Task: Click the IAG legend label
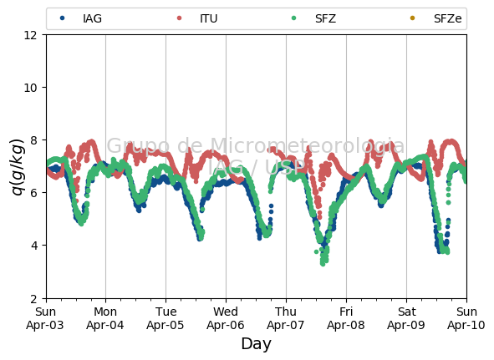92,18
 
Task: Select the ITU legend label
209,18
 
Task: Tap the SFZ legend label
325,18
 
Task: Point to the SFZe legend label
448,18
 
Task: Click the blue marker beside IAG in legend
63,18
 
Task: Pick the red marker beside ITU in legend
179,18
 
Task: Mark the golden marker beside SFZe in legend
412,18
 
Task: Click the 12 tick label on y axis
31,35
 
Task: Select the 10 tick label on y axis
31,88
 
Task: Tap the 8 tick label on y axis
34,140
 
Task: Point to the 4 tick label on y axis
34,246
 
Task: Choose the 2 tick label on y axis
34,298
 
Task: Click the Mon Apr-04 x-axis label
105,318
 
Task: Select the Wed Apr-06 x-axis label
226,318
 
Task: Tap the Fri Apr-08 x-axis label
346,318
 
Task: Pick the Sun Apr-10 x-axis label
466,318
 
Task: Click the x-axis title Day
256,344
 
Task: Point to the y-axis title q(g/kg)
18,166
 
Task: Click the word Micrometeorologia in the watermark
307,146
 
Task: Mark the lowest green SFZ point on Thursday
323,264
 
